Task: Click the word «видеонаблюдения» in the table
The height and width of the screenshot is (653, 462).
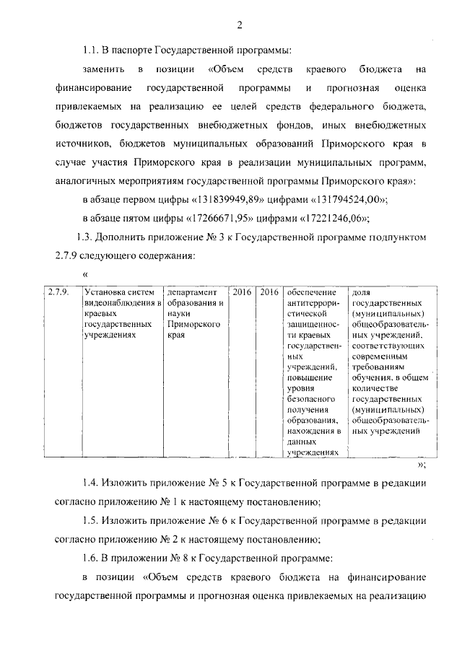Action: [120, 303]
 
